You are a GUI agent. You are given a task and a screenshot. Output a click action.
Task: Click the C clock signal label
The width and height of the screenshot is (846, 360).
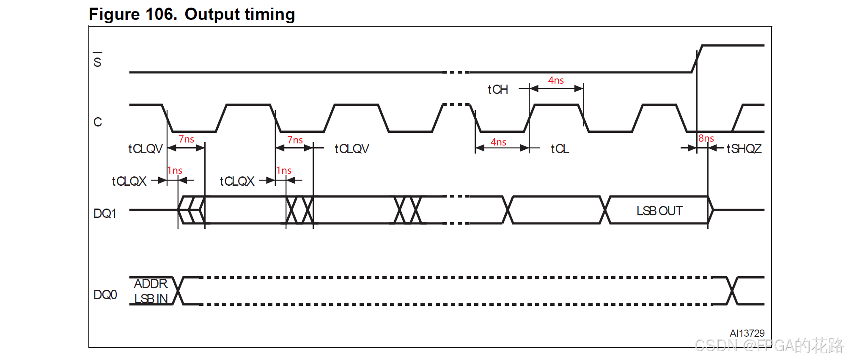coord(98,122)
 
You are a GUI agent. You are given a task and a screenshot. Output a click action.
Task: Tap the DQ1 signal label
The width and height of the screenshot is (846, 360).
coord(105,214)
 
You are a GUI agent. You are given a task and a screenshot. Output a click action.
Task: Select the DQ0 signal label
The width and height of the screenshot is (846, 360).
coord(105,295)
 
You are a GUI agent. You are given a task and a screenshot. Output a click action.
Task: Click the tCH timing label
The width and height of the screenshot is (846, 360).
coord(498,90)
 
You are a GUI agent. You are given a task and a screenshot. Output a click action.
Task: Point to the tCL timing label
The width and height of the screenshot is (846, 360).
coord(560,149)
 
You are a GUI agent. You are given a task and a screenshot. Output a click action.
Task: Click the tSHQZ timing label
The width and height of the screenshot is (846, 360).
coord(744,149)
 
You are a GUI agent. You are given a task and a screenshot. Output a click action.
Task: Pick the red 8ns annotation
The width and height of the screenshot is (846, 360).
coord(706,138)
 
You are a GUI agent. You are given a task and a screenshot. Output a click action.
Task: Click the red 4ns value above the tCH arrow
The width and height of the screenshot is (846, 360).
coord(556,80)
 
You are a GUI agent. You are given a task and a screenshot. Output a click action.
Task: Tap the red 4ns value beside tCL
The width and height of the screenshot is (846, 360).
coord(498,142)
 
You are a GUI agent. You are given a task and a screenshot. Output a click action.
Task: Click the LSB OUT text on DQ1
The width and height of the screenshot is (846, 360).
coord(659,211)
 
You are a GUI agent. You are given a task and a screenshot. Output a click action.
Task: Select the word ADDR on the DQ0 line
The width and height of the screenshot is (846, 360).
coord(151,283)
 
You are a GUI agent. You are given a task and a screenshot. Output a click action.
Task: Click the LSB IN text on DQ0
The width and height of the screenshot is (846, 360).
coord(151,299)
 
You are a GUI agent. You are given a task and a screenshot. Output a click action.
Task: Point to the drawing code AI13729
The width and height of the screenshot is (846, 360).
coord(747,333)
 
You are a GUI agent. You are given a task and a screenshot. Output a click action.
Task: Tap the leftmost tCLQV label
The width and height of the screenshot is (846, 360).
coord(146,149)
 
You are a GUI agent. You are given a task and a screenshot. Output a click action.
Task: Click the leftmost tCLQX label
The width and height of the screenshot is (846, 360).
coord(129,181)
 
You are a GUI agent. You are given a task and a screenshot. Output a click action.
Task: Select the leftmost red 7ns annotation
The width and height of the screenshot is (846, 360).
coord(186,139)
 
